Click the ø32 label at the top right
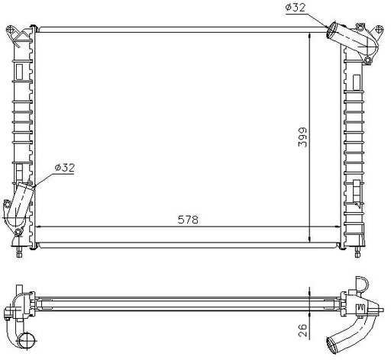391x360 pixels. pyautogui.click(x=296, y=8)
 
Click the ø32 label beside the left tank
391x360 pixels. pyautogui.click(x=65, y=168)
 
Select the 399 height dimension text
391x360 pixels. pyautogui.click(x=303, y=137)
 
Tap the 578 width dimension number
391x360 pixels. pyautogui.click(x=188, y=220)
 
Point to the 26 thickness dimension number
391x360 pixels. pyautogui.click(x=303, y=330)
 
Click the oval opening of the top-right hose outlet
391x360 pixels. pyautogui.click(x=331, y=31)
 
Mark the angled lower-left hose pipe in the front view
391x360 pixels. pyautogui.click(x=21, y=201)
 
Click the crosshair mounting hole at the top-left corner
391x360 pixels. pyautogui.click(x=9, y=29)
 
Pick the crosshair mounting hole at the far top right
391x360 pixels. pyautogui.click(x=379, y=29)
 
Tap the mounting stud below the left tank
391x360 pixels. pyautogui.click(x=19, y=252)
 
